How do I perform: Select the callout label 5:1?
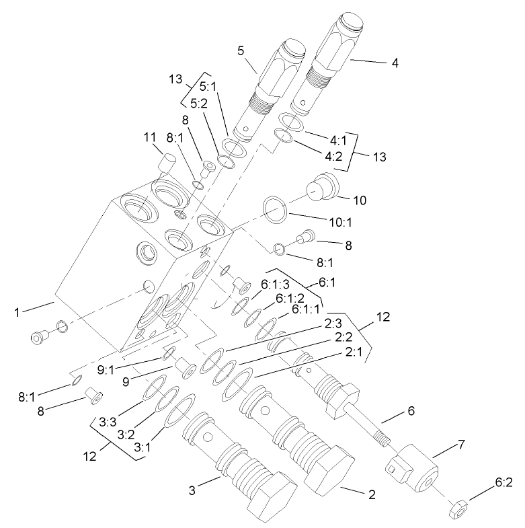[x=209, y=87]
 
